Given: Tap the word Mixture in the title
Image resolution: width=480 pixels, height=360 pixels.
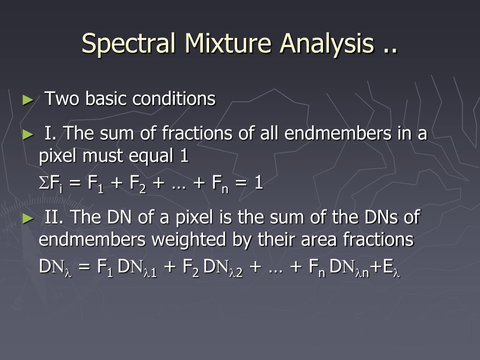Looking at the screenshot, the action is pyautogui.click(x=228, y=43).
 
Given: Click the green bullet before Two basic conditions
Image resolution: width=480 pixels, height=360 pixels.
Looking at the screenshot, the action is pyautogui.click(x=28, y=100).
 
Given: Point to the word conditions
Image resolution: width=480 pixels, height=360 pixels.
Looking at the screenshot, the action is pyautogui.click(x=174, y=98).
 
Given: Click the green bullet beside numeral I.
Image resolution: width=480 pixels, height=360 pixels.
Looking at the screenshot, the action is pyautogui.click(x=28, y=135).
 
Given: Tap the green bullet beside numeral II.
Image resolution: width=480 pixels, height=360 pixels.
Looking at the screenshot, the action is pyautogui.click(x=28, y=218).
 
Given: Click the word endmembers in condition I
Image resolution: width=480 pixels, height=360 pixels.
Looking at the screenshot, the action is pyautogui.click(x=337, y=133).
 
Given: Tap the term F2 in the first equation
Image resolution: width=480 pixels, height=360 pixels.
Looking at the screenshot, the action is pyautogui.click(x=138, y=184).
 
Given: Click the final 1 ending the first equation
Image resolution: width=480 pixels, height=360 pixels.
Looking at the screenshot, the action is pyautogui.click(x=259, y=183).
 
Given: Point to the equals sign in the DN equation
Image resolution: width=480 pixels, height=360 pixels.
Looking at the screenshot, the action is pyautogui.click(x=84, y=267).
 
